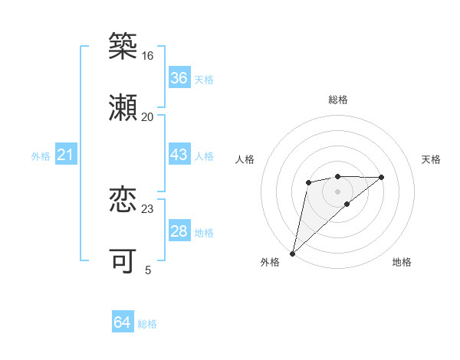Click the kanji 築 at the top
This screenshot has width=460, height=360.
[123, 47]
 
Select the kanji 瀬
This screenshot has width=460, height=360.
[123, 108]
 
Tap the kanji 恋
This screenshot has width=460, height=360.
[123, 200]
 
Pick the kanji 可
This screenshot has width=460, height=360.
[123, 261]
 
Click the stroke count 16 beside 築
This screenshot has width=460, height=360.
[147, 56]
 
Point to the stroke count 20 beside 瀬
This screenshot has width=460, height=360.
[147, 117]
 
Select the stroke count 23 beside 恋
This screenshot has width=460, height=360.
[147, 209]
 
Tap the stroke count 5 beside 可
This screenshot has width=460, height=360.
[148, 270]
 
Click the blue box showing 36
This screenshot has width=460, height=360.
[179, 78]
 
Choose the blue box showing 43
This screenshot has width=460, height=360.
[179, 155]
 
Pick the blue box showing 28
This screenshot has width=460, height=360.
[179, 231]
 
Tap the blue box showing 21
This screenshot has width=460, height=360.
[65, 155]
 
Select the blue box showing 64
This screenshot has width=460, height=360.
[122, 323]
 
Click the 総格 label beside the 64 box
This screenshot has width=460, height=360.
[147, 324]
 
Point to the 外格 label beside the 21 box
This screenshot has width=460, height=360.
[41, 156]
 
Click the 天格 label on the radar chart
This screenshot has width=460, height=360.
[432, 159]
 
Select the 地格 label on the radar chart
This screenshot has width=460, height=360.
[402, 263]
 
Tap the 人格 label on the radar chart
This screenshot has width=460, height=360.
[245, 159]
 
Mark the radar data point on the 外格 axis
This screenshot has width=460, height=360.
[292, 254]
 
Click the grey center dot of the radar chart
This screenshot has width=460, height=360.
[337, 191]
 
